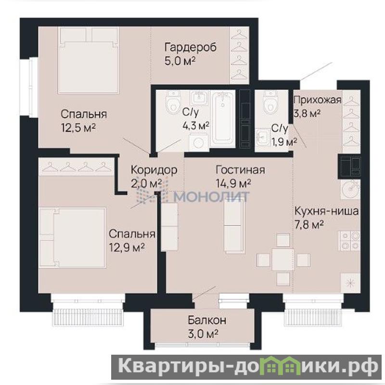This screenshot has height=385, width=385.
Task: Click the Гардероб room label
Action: [x=191, y=47]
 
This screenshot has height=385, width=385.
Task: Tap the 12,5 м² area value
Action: [x=78, y=128]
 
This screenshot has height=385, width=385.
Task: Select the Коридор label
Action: [x=154, y=170]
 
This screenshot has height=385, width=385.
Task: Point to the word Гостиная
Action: [x=240, y=170]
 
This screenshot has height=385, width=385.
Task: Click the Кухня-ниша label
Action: [x=327, y=211]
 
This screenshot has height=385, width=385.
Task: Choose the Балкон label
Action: [x=207, y=320]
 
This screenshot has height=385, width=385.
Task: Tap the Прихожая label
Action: [x=318, y=100]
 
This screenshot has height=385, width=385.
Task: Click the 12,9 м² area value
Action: [x=127, y=247]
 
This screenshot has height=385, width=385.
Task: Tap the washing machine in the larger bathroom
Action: [x=199, y=142]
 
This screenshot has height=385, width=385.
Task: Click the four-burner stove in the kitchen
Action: [x=350, y=241]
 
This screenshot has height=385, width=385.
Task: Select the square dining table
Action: [x=282, y=259]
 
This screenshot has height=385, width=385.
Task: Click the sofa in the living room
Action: [x=234, y=225]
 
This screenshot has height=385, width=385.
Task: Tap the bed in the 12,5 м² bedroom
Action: [x=89, y=60]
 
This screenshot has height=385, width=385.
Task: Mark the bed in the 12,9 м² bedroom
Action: [x=73, y=238]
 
